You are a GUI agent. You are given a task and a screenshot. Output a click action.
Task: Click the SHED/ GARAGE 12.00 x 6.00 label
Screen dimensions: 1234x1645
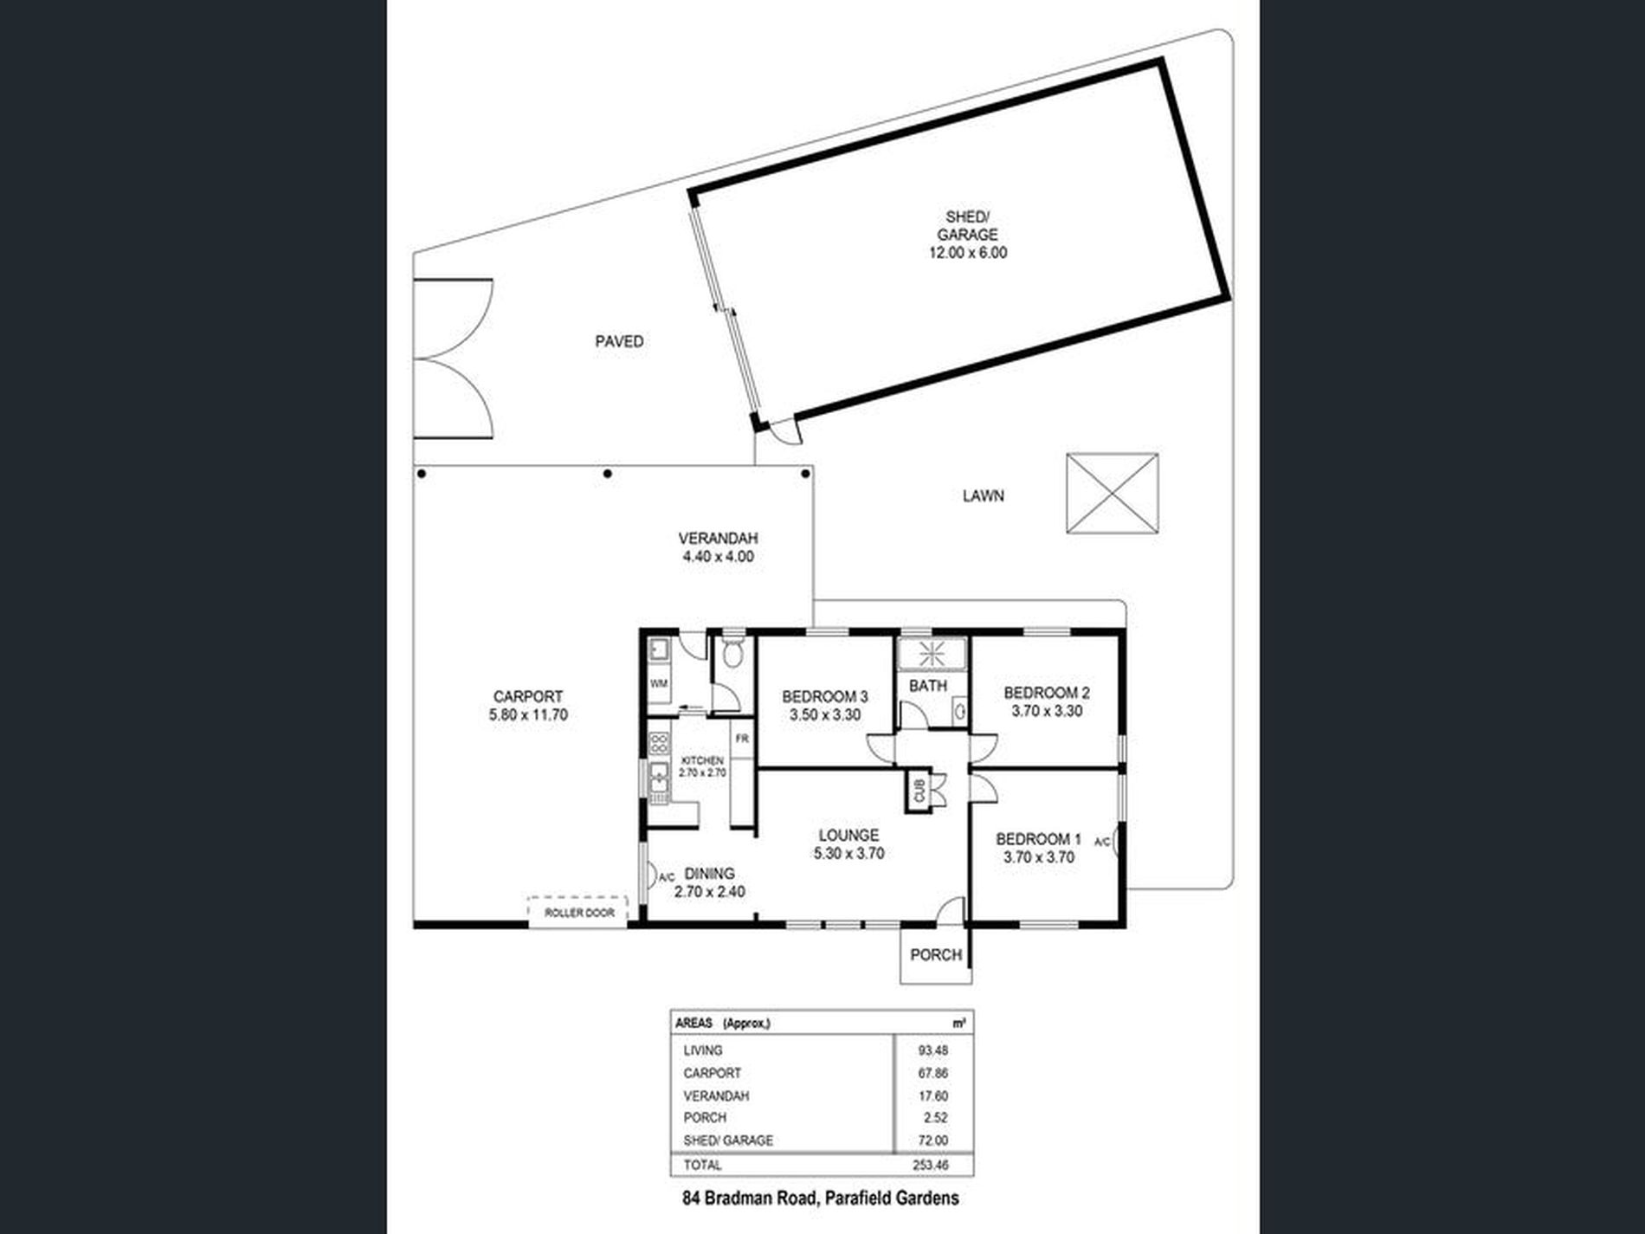(971, 235)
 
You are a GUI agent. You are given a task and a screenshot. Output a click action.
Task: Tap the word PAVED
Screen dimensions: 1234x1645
(619, 341)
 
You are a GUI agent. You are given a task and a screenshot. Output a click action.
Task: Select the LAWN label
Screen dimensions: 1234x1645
(983, 496)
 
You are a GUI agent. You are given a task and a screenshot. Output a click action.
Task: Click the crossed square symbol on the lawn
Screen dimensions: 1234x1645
(1112, 494)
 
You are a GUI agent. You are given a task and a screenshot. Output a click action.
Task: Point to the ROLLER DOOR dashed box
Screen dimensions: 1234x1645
(578, 913)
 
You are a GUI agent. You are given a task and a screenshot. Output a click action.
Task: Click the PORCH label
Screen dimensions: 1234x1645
(936, 954)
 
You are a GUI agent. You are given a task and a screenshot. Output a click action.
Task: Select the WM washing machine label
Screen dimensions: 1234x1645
(659, 683)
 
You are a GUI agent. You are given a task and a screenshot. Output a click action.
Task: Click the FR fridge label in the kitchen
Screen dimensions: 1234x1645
(742, 739)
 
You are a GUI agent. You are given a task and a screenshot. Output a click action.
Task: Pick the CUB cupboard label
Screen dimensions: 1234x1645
(919, 791)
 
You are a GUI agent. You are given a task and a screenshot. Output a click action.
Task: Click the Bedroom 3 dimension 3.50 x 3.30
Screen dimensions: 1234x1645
(824, 715)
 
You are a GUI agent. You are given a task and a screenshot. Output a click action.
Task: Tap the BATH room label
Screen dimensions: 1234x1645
(927, 686)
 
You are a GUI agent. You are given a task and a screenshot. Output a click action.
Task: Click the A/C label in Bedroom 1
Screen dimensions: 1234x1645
(1102, 842)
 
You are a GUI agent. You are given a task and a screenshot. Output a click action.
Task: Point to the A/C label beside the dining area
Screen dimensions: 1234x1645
(667, 877)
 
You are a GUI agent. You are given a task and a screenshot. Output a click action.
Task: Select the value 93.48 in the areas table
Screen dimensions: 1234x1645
(932, 1050)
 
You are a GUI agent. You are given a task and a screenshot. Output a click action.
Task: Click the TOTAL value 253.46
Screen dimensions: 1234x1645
(930, 1165)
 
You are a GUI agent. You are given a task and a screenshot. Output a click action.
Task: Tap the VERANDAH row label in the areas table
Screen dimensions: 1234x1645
(716, 1095)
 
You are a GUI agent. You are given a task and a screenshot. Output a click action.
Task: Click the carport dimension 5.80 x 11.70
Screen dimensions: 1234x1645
(528, 715)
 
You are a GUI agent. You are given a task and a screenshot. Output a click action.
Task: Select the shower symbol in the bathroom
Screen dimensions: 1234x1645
(932, 653)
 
